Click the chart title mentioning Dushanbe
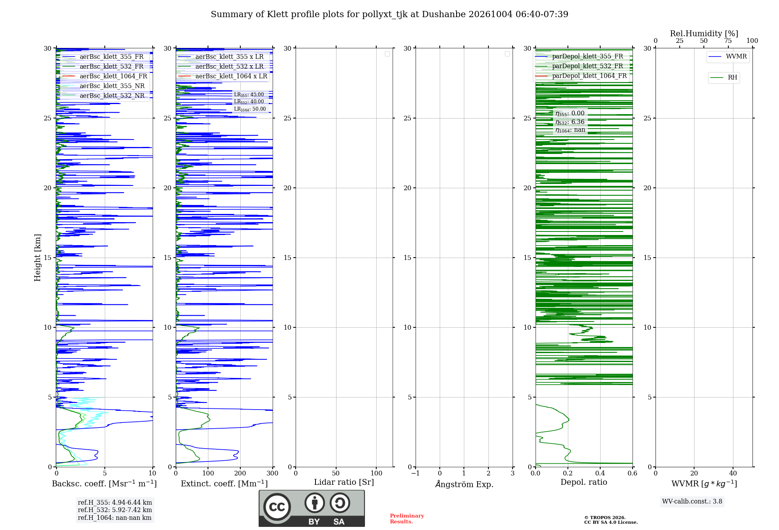click(389, 14)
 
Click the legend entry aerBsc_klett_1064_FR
click(104, 76)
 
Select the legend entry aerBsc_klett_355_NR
click(103, 86)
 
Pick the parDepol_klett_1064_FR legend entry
click(581, 76)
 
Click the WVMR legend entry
click(728, 57)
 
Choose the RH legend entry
click(724, 78)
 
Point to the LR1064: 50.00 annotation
click(250, 109)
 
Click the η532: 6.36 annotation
click(570, 122)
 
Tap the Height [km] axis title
click(37, 258)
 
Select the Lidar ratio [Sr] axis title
click(344, 482)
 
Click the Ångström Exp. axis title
click(464, 484)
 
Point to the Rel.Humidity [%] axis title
click(704, 34)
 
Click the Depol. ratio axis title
click(584, 482)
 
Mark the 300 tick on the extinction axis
click(273, 473)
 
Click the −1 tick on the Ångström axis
click(416, 473)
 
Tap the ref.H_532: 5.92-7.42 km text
click(115, 510)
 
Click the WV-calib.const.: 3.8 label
click(692, 501)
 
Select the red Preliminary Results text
click(407, 519)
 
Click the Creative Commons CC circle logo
click(277, 507)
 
